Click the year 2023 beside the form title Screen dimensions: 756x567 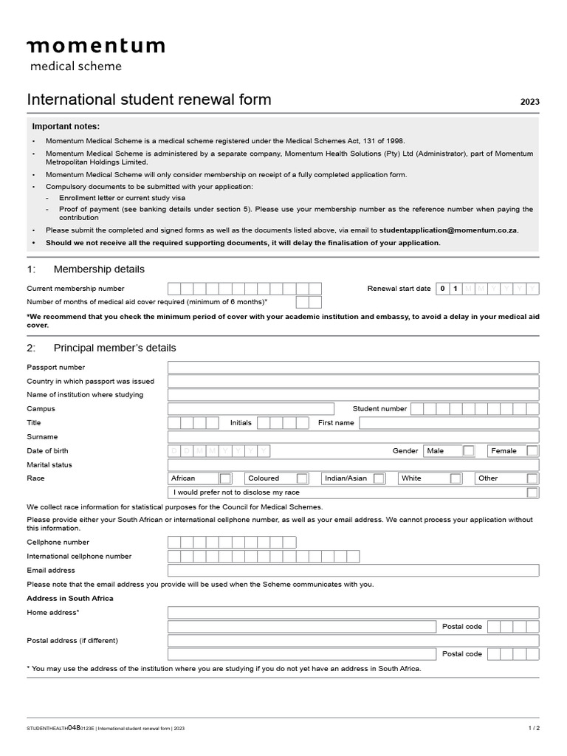point(529,102)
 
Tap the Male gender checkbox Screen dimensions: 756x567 point(469,450)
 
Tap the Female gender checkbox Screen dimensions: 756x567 point(532,450)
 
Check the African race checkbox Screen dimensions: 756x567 point(226,478)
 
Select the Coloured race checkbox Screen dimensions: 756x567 point(302,478)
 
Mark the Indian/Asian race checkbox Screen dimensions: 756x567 point(379,478)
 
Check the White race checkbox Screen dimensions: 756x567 point(456,478)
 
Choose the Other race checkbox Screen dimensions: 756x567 point(532,478)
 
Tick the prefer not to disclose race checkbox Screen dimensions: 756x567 point(532,492)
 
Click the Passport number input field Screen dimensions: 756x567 point(353,368)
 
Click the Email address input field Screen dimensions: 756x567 point(353,571)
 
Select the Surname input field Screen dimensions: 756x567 point(353,437)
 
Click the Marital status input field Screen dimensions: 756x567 point(353,465)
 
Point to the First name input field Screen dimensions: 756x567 point(448,423)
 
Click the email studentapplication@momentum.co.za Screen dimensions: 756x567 point(448,230)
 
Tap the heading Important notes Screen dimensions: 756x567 point(65,126)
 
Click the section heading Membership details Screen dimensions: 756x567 point(99,269)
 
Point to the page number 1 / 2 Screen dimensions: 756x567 point(534,728)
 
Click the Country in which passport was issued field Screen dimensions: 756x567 point(353,382)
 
